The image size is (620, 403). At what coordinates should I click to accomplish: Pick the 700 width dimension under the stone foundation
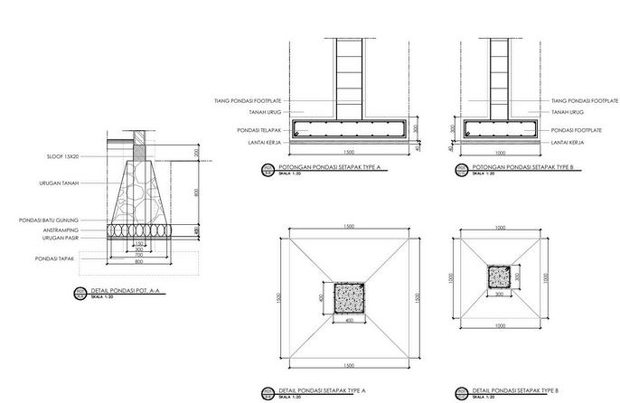138,256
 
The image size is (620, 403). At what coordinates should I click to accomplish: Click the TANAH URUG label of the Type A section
237,113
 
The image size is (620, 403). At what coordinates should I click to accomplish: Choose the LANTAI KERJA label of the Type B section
570,142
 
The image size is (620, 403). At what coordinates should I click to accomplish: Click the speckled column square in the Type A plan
348,296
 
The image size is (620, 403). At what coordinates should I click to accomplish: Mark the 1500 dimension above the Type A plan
348,227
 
